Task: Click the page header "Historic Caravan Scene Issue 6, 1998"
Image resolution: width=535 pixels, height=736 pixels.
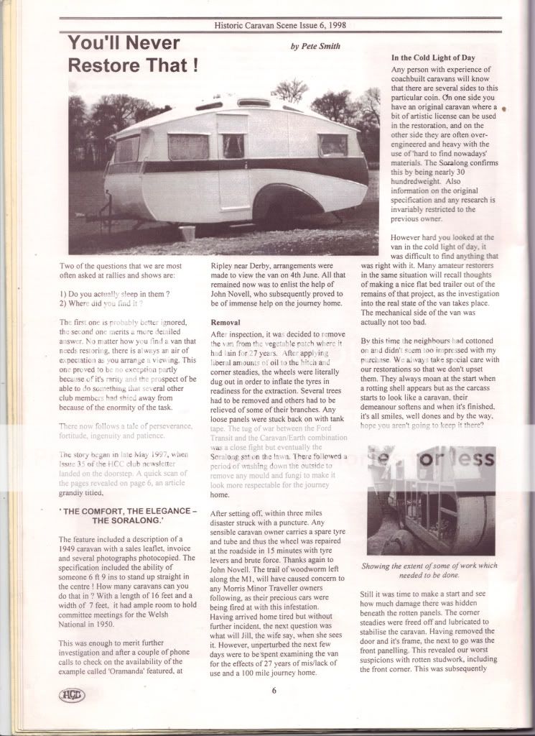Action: tap(279, 25)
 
